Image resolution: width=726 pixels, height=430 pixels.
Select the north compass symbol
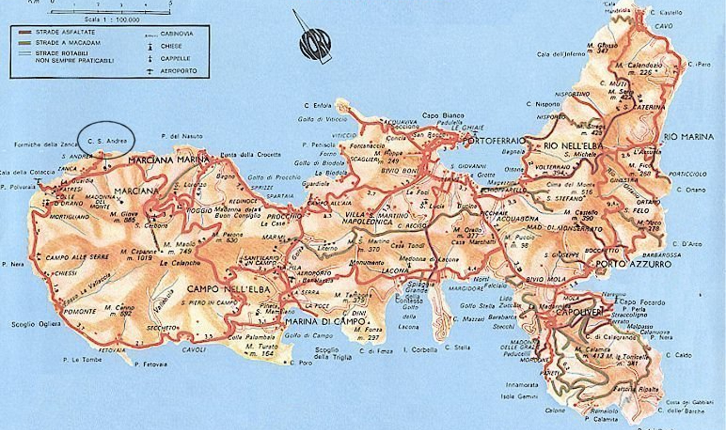click(315, 44)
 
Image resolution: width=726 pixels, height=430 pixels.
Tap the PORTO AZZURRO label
click(634, 265)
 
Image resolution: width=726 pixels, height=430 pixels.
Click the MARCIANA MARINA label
click(168, 160)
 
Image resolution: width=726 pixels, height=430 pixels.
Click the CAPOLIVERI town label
click(580, 312)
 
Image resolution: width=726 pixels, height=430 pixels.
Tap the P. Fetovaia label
click(151, 364)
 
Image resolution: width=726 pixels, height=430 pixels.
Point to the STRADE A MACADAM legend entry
click(60, 42)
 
